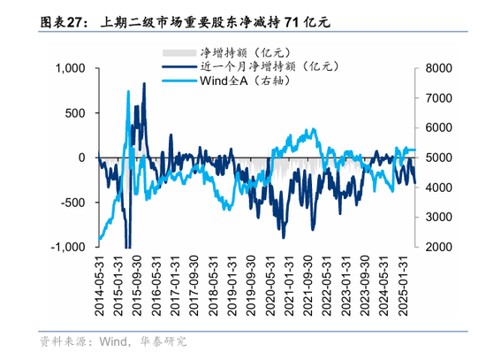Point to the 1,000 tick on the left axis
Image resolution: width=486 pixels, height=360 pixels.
[x=70, y=68]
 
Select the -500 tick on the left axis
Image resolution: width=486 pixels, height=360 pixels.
[x=72, y=203]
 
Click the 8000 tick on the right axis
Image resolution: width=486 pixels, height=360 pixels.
[x=438, y=68]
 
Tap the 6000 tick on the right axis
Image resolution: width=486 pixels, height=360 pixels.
[x=438, y=128]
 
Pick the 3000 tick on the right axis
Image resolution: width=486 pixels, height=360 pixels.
[x=438, y=218]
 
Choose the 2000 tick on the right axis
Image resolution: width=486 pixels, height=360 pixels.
[x=438, y=248]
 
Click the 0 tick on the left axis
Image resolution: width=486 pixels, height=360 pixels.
[x=82, y=157]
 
